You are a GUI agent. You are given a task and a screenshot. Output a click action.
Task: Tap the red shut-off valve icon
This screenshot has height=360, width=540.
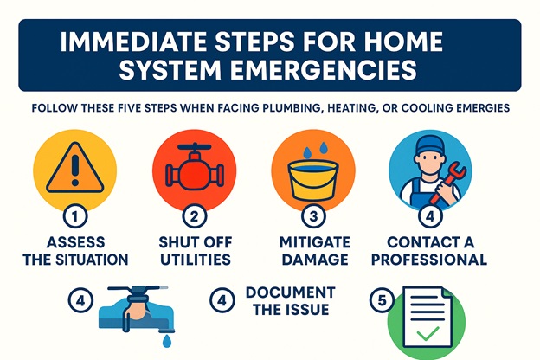pyautogui.click(x=194, y=166)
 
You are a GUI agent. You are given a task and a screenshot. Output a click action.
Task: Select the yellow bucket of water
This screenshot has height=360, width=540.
pyautogui.click(x=313, y=180)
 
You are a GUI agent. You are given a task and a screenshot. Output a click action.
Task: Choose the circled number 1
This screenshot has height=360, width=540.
pyautogui.click(x=75, y=216)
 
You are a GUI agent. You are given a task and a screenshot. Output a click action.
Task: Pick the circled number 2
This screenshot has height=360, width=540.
pyautogui.click(x=194, y=216)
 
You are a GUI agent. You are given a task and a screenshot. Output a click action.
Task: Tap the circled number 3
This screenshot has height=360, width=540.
pyautogui.click(x=313, y=216)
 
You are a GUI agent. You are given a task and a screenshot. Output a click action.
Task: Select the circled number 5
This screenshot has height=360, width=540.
pyautogui.click(x=382, y=300)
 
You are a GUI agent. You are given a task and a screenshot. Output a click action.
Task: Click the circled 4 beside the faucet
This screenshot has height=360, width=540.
pyautogui.click(x=80, y=300)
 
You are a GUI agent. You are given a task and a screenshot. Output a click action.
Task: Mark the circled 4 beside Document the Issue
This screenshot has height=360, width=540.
pyautogui.click(x=222, y=300)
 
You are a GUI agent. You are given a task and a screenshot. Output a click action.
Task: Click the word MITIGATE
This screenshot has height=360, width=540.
pyautogui.click(x=314, y=242)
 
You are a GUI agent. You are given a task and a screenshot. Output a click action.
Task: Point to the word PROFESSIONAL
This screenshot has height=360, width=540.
pyautogui.click(x=429, y=260)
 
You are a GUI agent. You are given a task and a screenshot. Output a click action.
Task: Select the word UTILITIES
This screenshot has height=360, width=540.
pyautogui.click(x=196, y=260)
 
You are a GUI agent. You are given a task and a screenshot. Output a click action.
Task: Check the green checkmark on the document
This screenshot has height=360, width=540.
pyautogui.click(x=427, y=333)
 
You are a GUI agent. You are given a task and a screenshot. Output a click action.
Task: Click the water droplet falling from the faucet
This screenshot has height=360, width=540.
pyautogui.click(x=167, y=342)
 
